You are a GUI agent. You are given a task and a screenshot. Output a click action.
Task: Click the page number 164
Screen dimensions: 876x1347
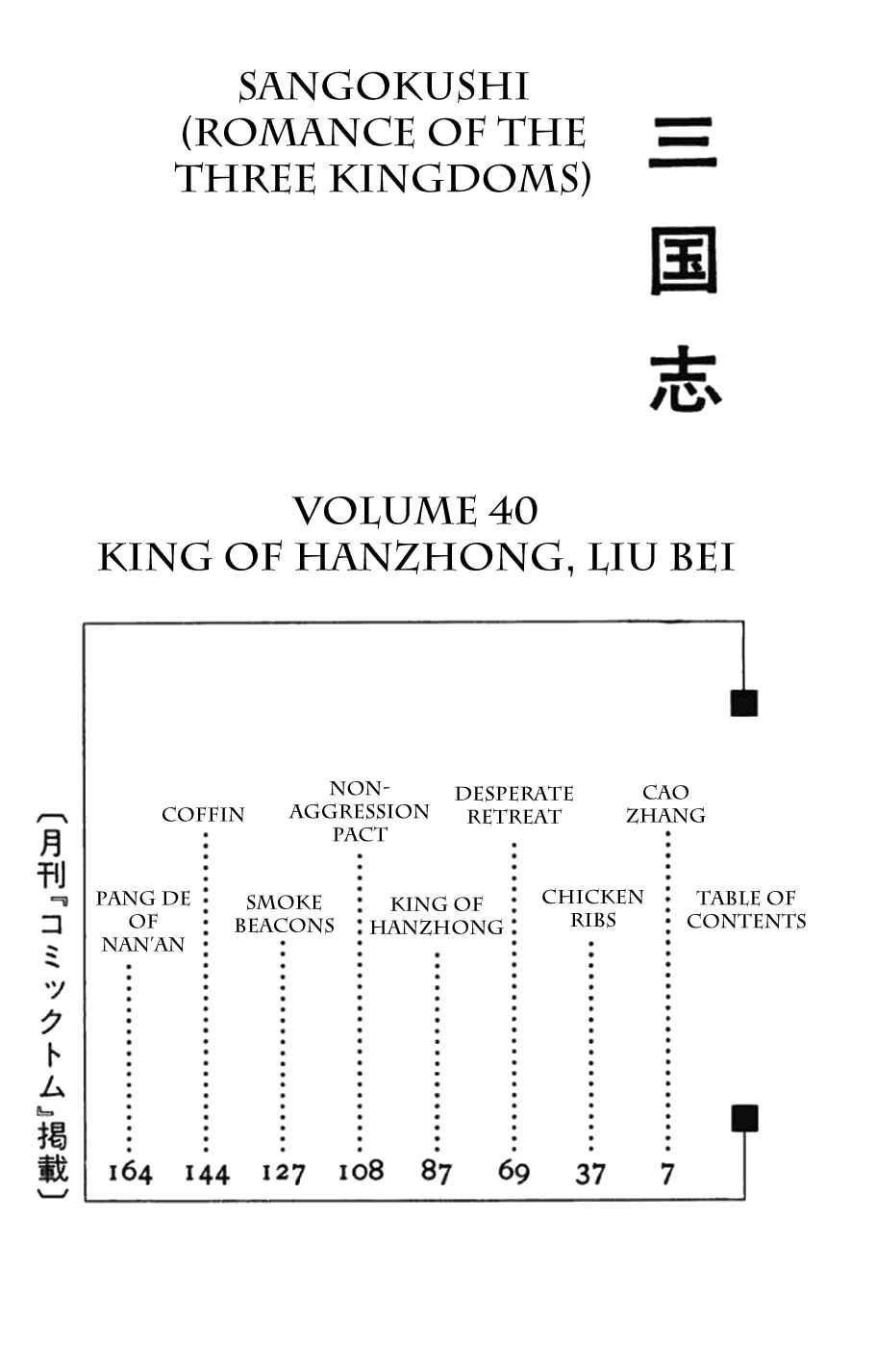tap(130, 1173)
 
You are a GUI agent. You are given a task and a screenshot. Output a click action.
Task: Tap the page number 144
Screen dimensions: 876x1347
tap(207, 1174)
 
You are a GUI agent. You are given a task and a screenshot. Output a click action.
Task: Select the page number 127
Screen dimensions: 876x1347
tap(283, 1173)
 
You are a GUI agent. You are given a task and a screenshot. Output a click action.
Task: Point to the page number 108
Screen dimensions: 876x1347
tap(361, 1172)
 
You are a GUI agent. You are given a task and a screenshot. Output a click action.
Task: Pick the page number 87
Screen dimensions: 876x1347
tap(437, 1172)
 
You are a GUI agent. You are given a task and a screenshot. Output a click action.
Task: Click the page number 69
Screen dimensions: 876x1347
tap(513, 1172)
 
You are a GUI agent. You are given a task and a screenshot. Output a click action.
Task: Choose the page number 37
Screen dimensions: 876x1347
tap(590, 1174)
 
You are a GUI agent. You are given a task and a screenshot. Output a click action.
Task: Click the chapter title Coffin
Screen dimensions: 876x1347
tap(203, 815)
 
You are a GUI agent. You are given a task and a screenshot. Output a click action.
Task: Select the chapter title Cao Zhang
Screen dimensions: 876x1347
tap(665, 804)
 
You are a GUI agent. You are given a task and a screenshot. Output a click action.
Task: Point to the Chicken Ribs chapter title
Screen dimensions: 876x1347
tap(592, 908)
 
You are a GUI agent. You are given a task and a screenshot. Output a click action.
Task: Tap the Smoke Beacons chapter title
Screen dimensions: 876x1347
tap(285, 914)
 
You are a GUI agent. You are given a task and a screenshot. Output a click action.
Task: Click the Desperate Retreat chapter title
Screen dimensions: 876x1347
tap(514, 805)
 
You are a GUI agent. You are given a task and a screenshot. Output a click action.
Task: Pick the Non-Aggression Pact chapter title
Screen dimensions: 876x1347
tap(360, 811)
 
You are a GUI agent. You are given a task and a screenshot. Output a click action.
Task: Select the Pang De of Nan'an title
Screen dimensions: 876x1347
tap(143, 922)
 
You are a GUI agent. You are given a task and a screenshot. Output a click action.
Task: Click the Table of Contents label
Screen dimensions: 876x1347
tap(746, 910)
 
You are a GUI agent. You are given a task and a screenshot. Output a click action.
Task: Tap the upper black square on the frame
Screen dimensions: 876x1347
tap(744, 703)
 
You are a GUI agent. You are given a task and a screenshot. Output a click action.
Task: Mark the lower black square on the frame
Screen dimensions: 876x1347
tap(744, 1118)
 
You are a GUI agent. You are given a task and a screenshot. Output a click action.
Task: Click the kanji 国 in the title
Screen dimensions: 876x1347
tap(685, 261)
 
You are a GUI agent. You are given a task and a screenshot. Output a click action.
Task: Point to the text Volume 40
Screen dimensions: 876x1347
tap(415, 511)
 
